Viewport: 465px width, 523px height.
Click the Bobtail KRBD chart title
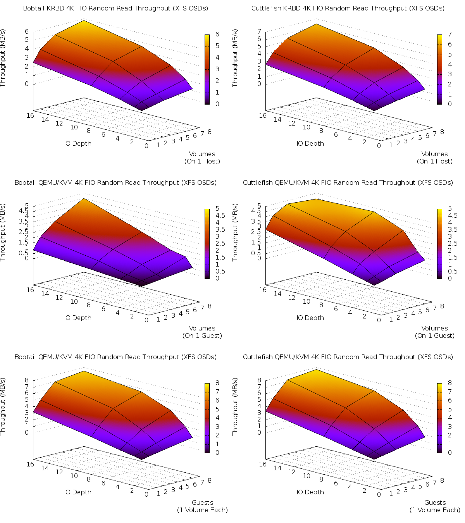(x=115, y=8)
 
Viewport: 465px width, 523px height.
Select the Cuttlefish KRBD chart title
(x=348, y=8)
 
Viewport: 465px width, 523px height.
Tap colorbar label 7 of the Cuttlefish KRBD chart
(x=450, y=34)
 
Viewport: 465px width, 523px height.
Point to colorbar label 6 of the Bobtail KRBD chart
(x=217, y=34)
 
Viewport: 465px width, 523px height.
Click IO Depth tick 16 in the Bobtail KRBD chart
(x=31, y=115)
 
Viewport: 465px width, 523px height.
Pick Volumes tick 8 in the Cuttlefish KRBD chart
(x=442, y=132)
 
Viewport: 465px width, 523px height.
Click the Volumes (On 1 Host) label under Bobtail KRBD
(x=202, y=158)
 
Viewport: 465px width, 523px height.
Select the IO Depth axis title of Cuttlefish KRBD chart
(x=310, y=143)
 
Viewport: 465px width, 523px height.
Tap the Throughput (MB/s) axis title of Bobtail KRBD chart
(x=3, y=58)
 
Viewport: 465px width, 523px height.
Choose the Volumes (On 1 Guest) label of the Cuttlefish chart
(x=435, y=332)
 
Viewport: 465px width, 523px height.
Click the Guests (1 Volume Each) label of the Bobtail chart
(x=202, y=506)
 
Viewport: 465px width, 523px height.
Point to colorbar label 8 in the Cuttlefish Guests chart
(x=450, y=383)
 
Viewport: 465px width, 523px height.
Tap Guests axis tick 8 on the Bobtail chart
(x=210, y=480)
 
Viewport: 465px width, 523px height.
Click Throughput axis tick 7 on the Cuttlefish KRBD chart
(x=259, y=31)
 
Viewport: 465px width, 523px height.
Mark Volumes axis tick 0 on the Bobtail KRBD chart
(x=146, y=146)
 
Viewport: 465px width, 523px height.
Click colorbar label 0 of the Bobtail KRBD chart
(x=217, y=104)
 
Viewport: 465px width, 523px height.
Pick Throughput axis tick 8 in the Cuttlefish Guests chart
(x=259, y=380)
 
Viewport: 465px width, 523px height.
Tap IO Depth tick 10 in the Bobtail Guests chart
(x=74, y=476)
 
